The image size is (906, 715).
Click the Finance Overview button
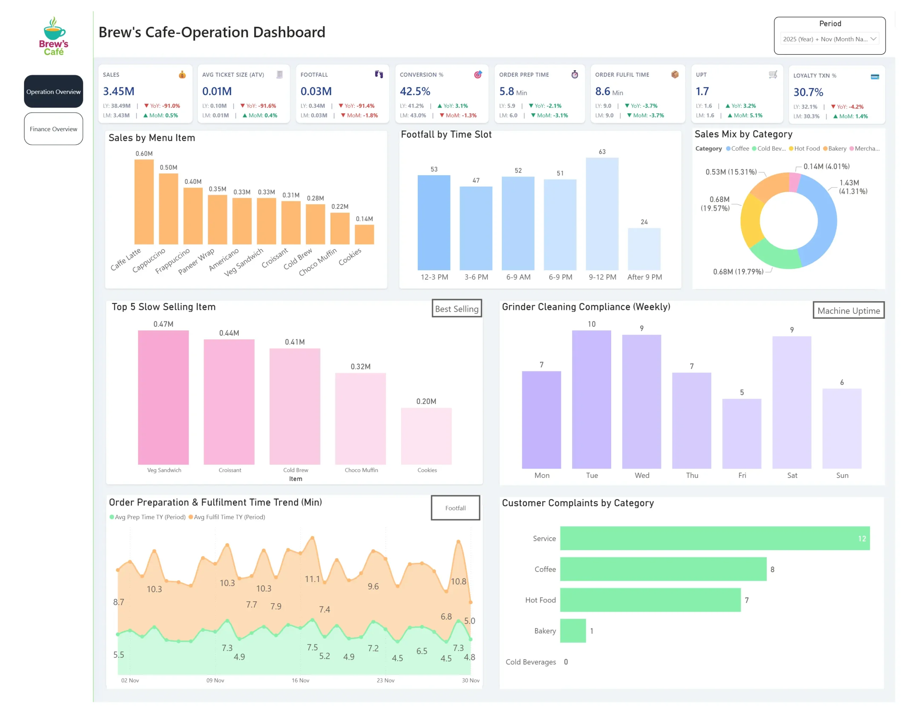point(53,129)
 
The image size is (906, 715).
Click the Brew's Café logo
point(53,36)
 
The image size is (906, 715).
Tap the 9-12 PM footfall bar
point(602,213)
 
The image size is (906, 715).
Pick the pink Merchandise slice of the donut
point(794,183)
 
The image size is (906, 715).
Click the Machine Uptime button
point(848,311)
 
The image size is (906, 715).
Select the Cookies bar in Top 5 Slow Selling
point(426,436)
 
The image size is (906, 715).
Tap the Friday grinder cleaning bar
point(741,433)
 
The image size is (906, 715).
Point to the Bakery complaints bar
point(572,630)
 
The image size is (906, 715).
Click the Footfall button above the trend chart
point(455,508)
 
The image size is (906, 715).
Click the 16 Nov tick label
point(300,680)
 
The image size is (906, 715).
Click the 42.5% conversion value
point(414,91)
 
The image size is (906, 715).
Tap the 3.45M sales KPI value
point(119,91)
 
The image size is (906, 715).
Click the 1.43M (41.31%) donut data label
point(853,187)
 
